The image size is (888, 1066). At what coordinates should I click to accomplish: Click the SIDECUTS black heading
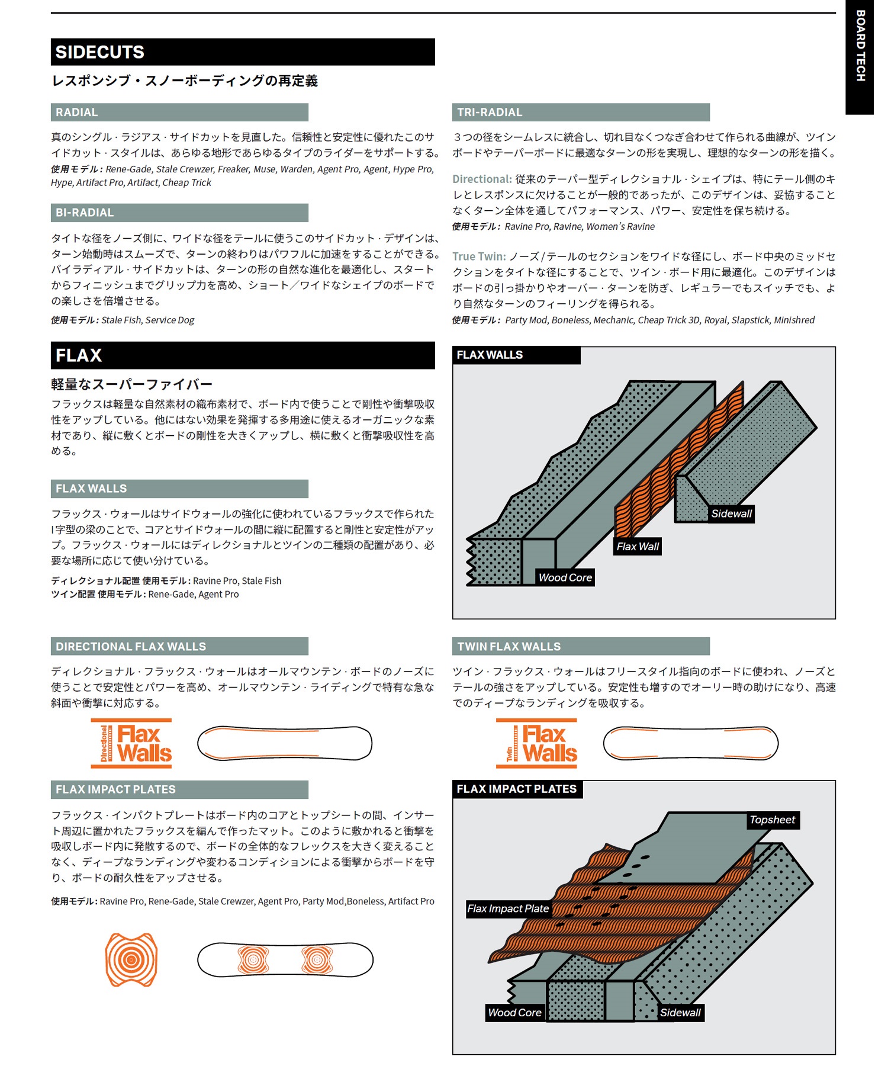(243, 52)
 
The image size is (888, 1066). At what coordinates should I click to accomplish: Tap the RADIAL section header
(179, 113)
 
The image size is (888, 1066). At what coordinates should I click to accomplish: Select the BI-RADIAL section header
(179, 213)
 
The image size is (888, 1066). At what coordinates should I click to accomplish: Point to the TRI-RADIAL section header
(580, 113)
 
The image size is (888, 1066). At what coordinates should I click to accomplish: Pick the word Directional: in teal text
(482, 179)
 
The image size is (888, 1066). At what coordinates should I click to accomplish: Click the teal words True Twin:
(479, 256)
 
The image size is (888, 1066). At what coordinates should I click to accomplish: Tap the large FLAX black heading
(243, 355)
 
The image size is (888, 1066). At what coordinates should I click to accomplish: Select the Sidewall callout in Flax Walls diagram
(731, 513)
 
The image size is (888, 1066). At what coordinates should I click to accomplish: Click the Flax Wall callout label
(637, 546)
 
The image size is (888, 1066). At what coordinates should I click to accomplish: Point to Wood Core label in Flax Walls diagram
(565, 577)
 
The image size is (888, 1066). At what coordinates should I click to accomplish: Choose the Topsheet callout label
(772, 820)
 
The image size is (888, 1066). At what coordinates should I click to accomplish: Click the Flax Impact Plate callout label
(508, 908)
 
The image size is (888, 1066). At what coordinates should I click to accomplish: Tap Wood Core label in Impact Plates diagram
(514, 1012)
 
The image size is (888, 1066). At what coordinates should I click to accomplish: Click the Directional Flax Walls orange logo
(131, 743)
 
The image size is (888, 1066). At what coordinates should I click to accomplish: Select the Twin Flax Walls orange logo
(536, 743)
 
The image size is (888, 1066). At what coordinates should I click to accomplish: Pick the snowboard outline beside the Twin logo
(690, 743)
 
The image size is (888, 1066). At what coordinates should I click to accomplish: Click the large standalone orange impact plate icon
(131, 959)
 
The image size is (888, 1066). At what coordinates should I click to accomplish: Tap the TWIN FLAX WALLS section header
(580, 647)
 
